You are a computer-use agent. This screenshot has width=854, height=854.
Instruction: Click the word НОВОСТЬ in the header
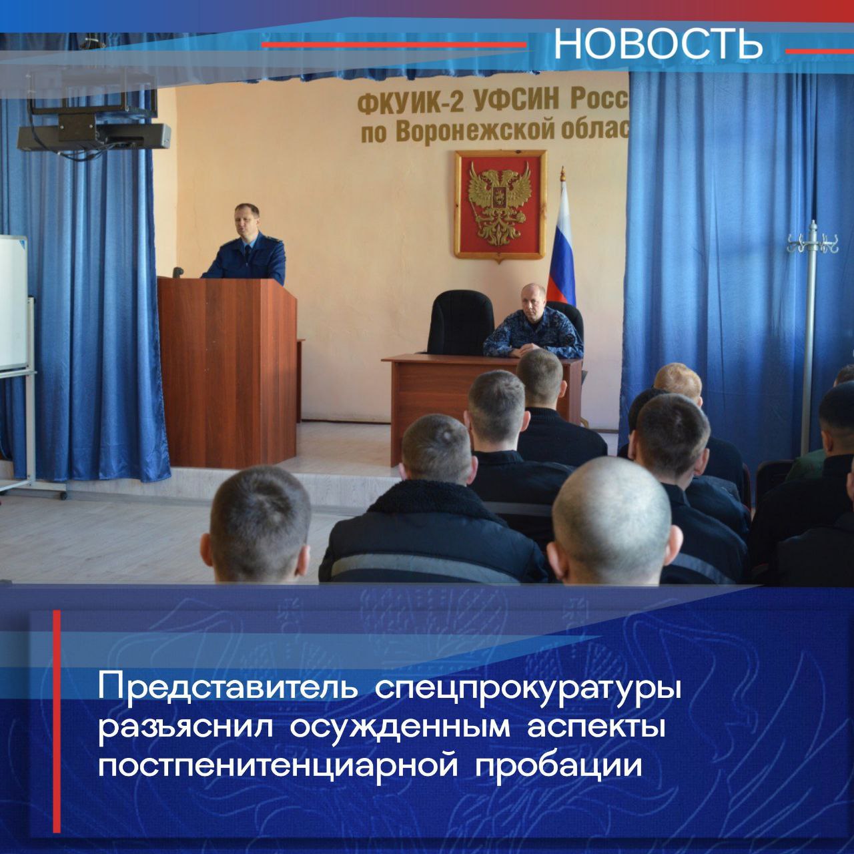(x=658, y=44)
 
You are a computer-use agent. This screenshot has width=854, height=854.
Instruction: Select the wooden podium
(x=227, y=372)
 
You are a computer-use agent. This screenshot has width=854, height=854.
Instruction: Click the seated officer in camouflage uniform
(x=532, y=323)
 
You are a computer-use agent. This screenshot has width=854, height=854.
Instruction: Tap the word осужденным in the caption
(x=400, y=731)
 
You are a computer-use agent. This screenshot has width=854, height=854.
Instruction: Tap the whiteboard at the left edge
(x=13, y=303)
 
